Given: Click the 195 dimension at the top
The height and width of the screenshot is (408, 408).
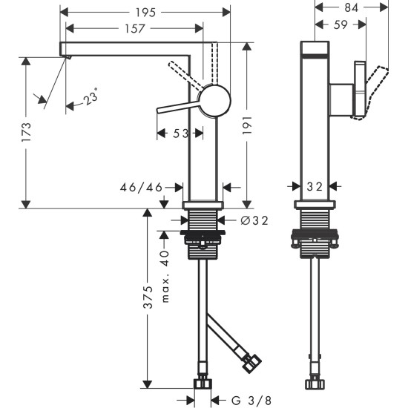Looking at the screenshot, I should (x=145, y=12).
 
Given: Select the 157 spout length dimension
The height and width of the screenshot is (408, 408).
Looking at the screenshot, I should (x=134, y=27).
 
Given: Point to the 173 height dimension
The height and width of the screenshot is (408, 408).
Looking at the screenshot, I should (x=26, y=132).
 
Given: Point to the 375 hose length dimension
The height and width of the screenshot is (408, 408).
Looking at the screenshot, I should (x=148, y=297).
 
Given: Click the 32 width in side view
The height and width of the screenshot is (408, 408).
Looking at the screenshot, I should (x=315, y=188).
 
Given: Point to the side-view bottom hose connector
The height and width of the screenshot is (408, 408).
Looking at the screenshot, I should (x=315, y=383).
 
